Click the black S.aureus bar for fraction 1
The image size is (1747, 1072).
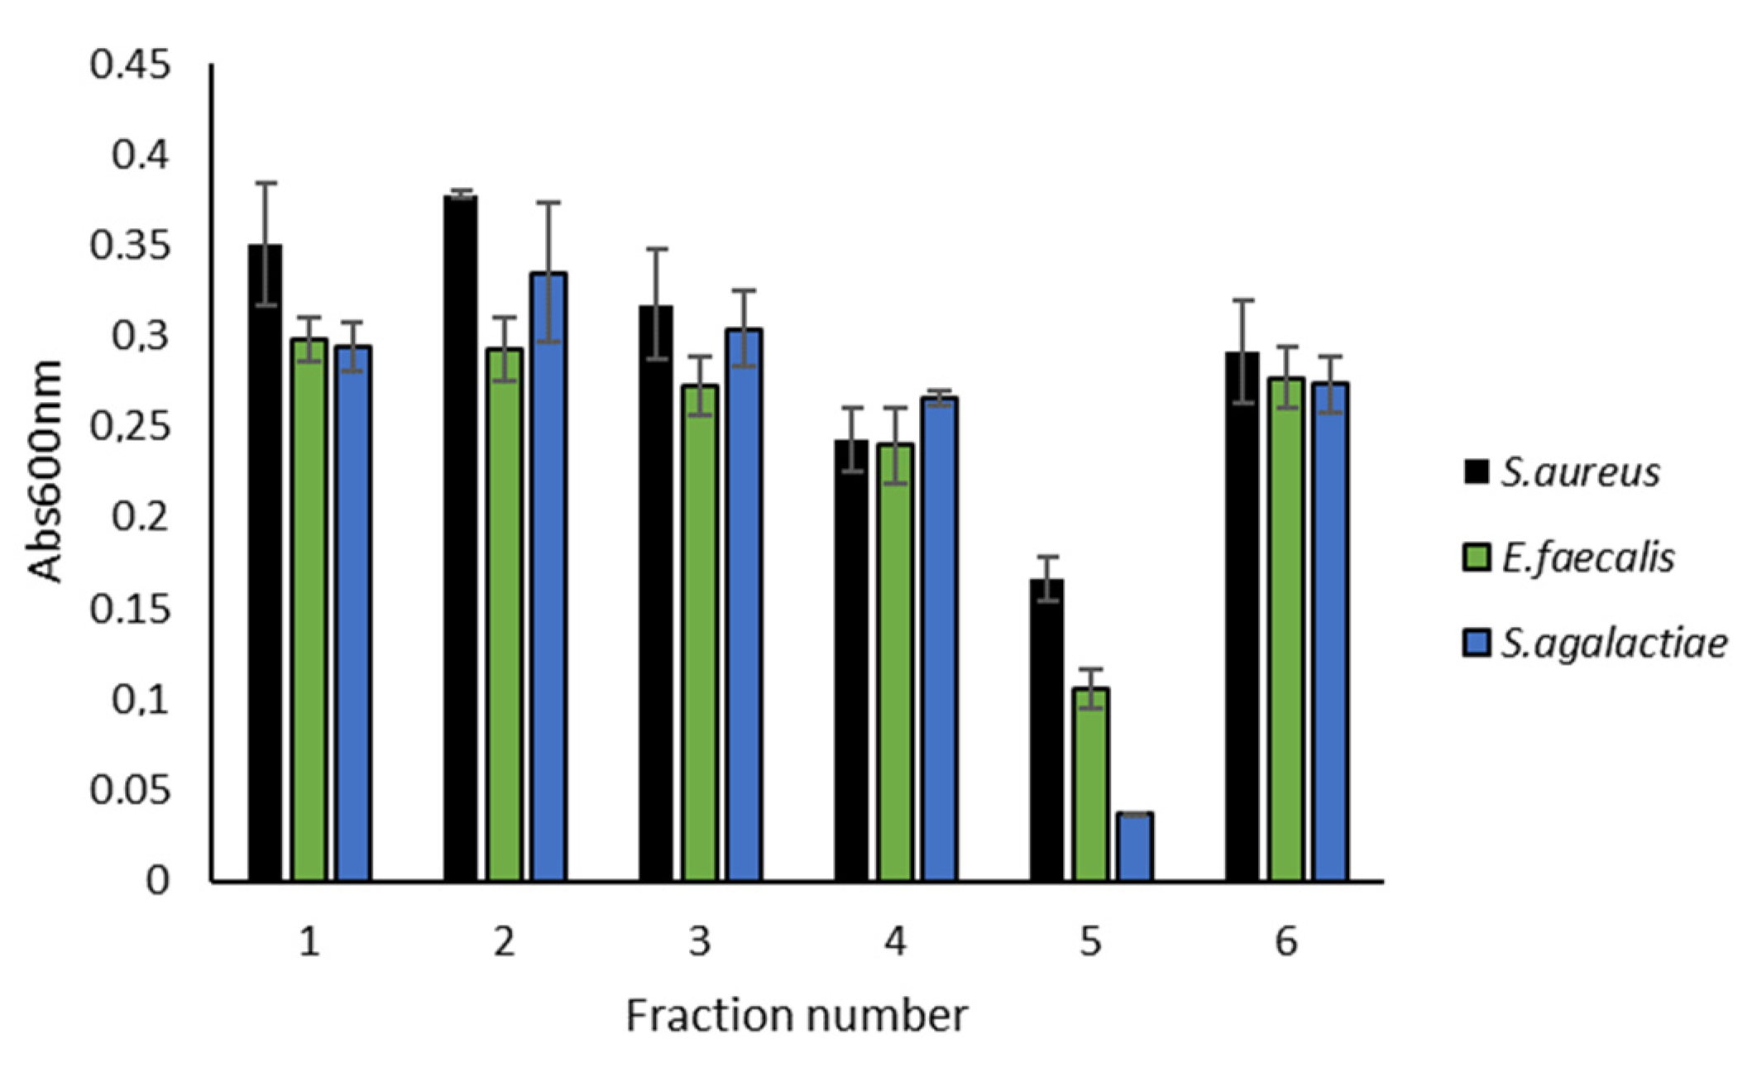coord(265,562)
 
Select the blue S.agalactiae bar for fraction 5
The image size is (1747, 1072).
coord(1135,847)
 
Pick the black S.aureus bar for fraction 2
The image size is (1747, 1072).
coord(461,538)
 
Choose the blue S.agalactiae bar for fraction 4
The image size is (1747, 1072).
coord(940,639)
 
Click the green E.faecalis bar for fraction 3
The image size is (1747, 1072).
coord(701,633)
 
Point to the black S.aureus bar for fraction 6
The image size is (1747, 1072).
coord(1242,616)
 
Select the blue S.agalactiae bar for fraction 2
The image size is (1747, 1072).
coord(548,577)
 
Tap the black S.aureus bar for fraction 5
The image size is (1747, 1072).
coord(1046,730)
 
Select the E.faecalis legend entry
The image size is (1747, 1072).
coord(1568,558)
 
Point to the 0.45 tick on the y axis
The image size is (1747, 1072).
coord(131,65)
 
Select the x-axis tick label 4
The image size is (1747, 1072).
coord(895,942)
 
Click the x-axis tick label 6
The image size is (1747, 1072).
coord(1286,942)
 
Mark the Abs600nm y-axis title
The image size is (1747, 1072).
coord(45,471)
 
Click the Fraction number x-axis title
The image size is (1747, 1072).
coord(796,1016)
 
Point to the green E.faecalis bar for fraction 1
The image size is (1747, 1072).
coord(309,610)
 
